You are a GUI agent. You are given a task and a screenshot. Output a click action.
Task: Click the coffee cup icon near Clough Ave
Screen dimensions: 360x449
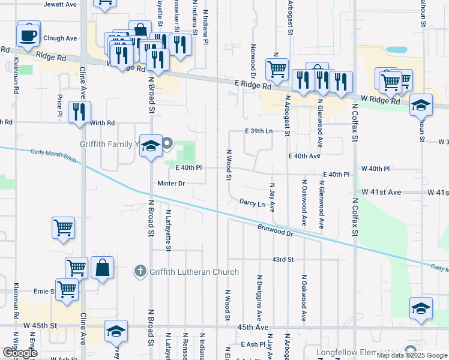pyautogui.click(x=28, y=35)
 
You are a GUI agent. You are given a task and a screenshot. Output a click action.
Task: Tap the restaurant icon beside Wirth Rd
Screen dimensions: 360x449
pyautogui.click(x=79, y=112)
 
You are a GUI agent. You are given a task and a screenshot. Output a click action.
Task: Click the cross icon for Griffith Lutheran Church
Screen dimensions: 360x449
pyautogui.click(x=140, y=272)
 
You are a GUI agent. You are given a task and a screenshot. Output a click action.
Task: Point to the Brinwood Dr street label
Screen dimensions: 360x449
pyautogui.click(x=274, y=229)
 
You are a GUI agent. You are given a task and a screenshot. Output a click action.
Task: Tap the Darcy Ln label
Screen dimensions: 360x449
pyautogui.click(x=252, y=204)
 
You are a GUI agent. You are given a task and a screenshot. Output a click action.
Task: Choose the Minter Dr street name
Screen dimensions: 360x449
pyautogui.click(x=171, y=182)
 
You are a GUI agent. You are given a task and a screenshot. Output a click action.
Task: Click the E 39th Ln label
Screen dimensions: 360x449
pyautogui.click(x=259, y=131)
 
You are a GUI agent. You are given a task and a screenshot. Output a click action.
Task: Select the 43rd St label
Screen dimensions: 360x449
pyautogui.click(x=282, y=259)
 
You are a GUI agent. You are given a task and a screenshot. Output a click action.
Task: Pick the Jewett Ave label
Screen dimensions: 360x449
pyautogui.click(x=61, y=4)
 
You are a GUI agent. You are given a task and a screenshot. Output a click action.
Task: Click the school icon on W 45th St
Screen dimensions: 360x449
pyautogui.click(x=116, y=332)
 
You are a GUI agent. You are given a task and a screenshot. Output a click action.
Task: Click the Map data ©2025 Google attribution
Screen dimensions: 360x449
pyautogui.click(x=412, y=355)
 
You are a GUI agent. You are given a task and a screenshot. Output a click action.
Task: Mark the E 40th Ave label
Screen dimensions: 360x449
pyautogui.click(x=304, y=156)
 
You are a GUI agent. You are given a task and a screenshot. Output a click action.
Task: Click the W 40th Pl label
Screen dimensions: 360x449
pyautogui.click(x=376, y=169)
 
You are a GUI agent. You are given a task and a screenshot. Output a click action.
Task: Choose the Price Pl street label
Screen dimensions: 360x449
pyautogui.click(x=60, y=105)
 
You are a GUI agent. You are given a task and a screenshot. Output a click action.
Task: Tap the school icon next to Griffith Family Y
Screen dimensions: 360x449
pyautogui.click(x=151, y=146)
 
